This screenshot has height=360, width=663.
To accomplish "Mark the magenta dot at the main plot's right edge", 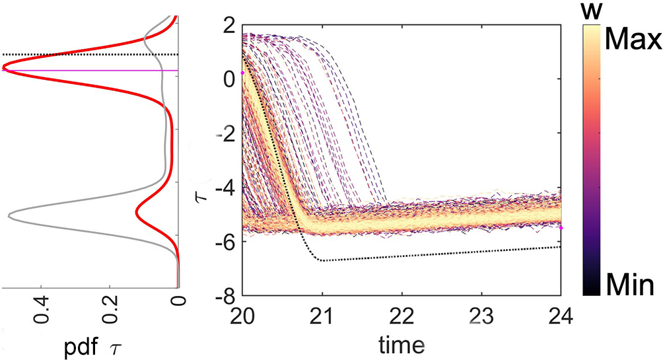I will click(561, 228).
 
